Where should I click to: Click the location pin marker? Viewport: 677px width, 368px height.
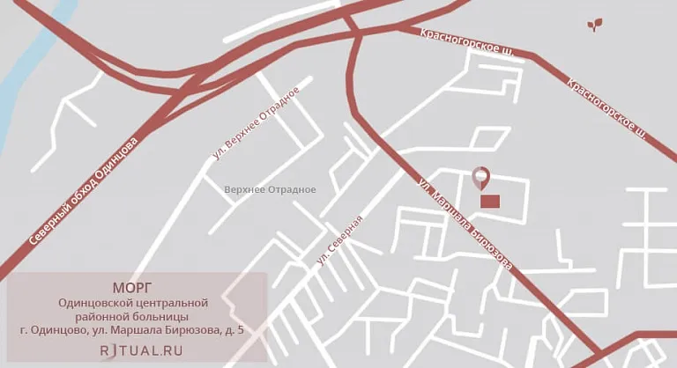(x=480, y=177)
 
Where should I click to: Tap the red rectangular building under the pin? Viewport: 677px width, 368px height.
(x=489, y=202)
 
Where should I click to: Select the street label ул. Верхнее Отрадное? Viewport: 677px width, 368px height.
(x=263, y=124)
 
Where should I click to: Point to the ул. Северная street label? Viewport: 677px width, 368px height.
(x=340, y=240)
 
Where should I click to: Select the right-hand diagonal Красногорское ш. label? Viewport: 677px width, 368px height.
(x=607, y=109)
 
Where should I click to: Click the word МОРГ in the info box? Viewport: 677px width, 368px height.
(x=132, y=287)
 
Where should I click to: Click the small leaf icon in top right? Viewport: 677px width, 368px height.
(x=596, y=24)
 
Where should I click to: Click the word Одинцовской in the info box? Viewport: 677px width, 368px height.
(x=94, y=302)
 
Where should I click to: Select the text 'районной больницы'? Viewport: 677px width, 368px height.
(x=133, y=316)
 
